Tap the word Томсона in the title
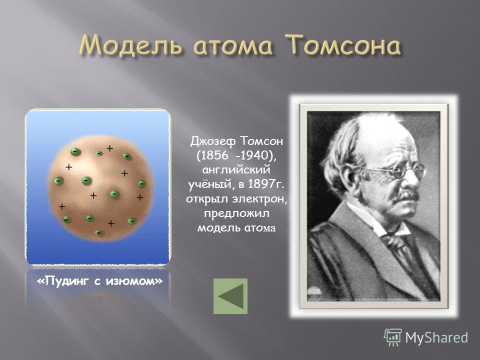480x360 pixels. [343, 44]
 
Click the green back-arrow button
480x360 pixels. [230, 296]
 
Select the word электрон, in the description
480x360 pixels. [260, 199]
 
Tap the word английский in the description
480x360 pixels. [236, 170]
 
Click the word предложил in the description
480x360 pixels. [236, 213]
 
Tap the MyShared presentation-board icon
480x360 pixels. [393, 337]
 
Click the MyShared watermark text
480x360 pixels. [436, 337]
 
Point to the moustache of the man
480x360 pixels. [404, 196]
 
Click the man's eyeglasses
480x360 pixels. [398, 170]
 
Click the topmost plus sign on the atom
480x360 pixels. [109, 148]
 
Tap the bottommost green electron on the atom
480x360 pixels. [98, 233]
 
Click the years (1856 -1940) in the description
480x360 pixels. [236, 155]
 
